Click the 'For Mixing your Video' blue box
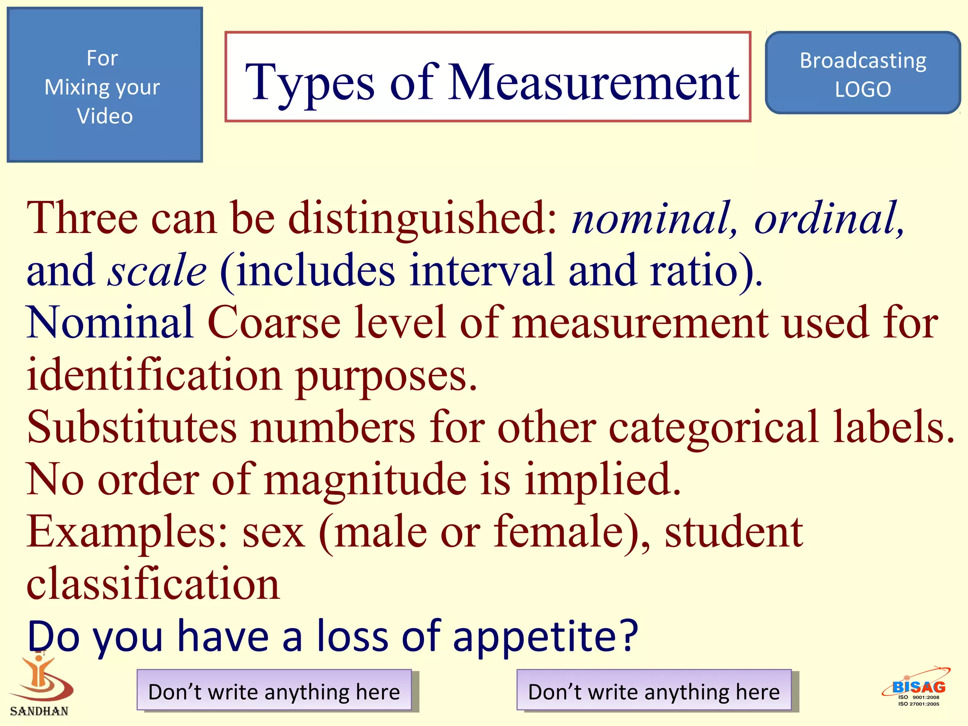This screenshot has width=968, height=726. [104, 85]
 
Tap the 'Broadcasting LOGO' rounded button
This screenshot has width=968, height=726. [863, 73]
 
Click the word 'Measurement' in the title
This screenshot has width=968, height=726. [594, 83]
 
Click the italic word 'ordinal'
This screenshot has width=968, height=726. [827, 218]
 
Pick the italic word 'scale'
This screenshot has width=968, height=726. [157, 270]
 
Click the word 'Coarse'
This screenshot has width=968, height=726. [274, 322]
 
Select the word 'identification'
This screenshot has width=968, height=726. [154, 375]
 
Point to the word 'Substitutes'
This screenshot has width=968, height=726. [132, 427]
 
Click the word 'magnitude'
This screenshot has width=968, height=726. [365, 480]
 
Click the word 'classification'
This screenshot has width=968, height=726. [153, 584]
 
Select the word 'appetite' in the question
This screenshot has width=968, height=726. [544, 637]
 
